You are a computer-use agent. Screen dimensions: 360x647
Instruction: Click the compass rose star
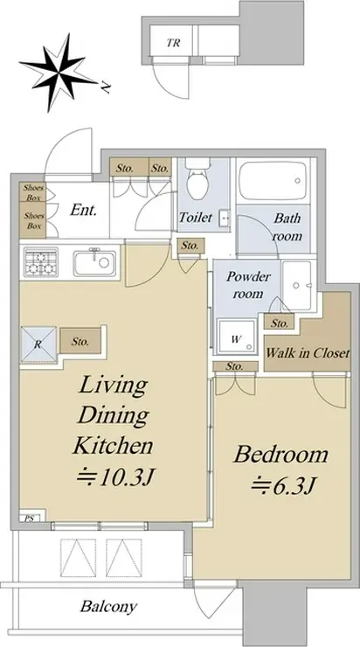click(57, 73)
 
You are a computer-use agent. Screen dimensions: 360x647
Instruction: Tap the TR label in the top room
click(174, 43)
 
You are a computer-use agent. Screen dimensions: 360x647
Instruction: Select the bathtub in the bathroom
click(273, 181)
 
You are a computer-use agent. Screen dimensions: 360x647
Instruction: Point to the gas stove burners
click(41, 262)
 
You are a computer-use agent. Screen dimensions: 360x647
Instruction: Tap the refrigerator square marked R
click(38, 344)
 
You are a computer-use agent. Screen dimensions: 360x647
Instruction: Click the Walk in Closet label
click(308, 353)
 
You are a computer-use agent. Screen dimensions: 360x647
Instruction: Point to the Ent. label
click(83, 210)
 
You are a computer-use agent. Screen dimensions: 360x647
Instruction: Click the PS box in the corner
click(29, 518)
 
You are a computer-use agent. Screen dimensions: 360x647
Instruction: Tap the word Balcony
click(108, 607)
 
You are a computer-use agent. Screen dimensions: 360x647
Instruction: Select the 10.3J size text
click(115, 477)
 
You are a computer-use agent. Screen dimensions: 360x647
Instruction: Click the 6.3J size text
click(283, 485)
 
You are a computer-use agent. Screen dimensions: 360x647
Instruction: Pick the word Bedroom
click(280, 455)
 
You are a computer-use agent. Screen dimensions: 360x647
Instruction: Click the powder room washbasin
click(297, 281)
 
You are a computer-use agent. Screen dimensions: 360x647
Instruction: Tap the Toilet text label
click(196, 217)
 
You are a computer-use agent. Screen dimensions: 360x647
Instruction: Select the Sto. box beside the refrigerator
click(80, 341)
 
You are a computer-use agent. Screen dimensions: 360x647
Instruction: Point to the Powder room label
click(248, 285)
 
